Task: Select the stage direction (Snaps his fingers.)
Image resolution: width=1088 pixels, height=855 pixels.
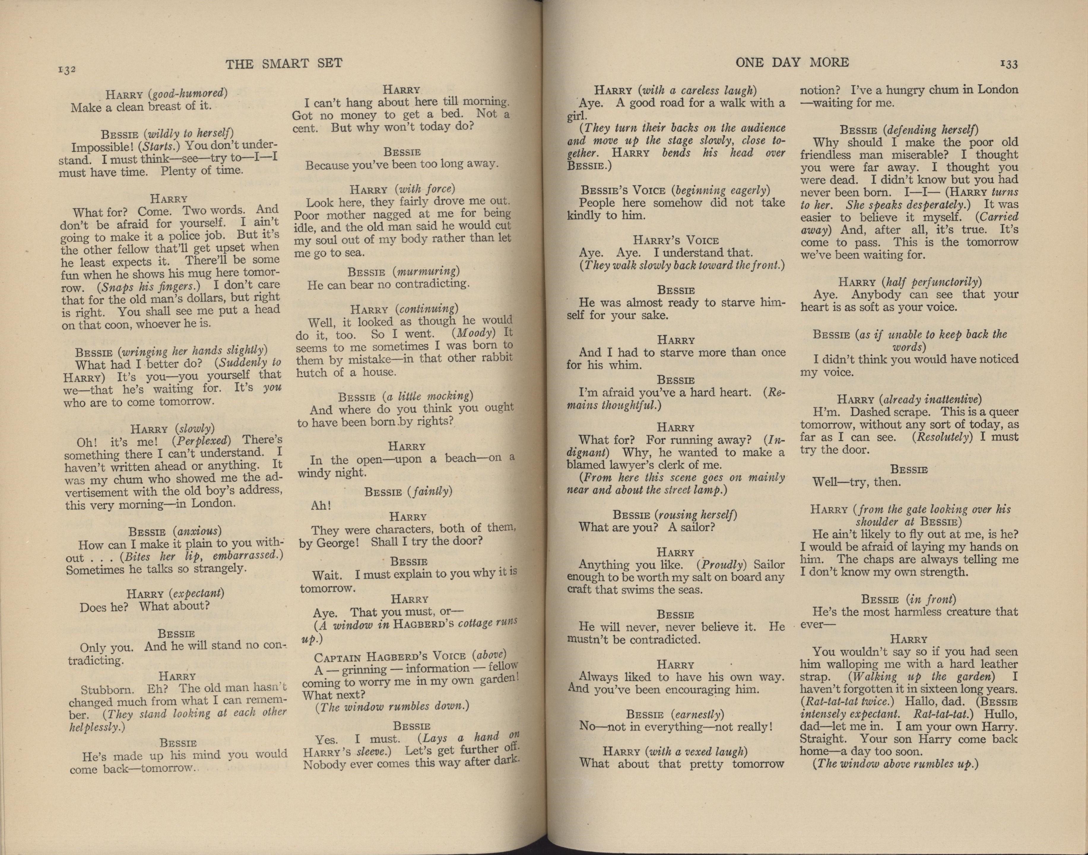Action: [149, 287]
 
